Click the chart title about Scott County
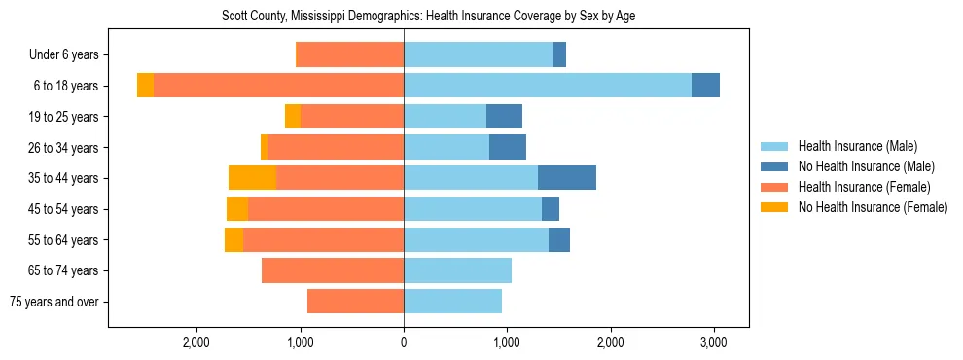[x=428, y=17]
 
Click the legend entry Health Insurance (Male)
[x=857, y=146]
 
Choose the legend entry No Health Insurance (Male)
[x=865, y=166]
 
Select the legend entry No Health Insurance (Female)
[x=872, y=207]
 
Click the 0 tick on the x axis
[x=404, y=342]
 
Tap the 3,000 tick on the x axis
[x=714, y=342]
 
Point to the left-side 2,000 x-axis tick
[x=196, y=342]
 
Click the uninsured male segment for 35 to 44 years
[x=566, y=178]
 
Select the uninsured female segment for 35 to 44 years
[x=252, y=178]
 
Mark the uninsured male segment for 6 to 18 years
[x=705, y=86]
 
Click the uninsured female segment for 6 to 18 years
[x=145, y=86]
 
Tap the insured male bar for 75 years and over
[x=452, y=302]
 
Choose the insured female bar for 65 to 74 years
[x=333, y=270]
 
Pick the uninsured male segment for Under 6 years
[x=559, y=55]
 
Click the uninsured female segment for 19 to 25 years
[x=293, y=117]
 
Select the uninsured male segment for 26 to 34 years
[x=508, y=147]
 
